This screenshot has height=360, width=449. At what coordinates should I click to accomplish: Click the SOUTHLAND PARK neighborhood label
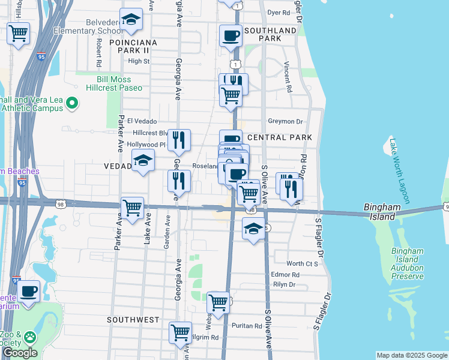271,34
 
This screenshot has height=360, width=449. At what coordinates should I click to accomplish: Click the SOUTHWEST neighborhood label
133,320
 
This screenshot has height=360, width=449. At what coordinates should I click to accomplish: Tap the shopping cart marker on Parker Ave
132,208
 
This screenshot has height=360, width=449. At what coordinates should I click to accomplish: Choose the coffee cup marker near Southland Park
231,36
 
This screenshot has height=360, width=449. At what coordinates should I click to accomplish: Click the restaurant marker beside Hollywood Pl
179,140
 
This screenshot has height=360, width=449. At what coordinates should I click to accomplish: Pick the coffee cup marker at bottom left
28,292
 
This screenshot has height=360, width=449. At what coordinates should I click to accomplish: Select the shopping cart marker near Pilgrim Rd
180,332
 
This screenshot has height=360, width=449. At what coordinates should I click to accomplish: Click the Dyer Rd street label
279,12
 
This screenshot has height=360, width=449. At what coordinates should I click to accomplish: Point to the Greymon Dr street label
286,121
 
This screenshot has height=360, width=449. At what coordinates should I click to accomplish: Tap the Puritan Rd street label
249,326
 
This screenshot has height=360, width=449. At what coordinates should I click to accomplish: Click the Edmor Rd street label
285,274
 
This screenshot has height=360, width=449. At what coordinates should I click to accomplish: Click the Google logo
20,353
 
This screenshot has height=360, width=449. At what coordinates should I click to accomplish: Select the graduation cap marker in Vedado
143,160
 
